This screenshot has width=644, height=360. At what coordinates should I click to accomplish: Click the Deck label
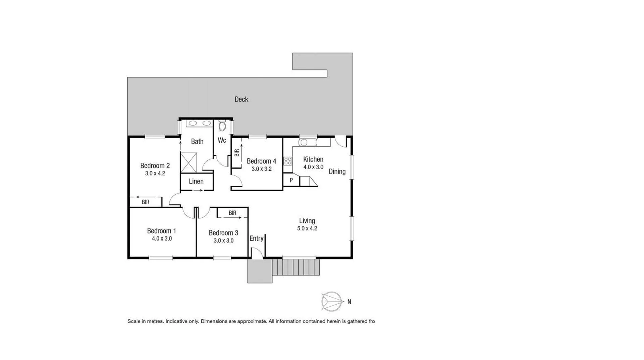[x=241, y=99]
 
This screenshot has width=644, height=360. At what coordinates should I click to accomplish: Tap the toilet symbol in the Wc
[x=222, y=126]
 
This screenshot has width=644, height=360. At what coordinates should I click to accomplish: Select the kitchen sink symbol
[x=308, y=142]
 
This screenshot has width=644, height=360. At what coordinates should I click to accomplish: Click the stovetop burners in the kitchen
[x=288, y=161]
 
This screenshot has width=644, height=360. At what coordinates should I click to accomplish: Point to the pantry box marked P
[x=291, y=181]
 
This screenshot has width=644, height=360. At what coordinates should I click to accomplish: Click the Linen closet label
[x=196, y=182]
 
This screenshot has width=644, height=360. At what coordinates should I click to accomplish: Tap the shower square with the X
[x=189, y=162]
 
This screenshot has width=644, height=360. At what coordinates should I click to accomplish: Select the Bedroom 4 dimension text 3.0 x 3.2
[x=261, y=169]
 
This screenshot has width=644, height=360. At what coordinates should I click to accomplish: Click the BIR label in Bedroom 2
[x=145, y=202]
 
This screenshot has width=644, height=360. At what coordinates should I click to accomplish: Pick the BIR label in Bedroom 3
[x=232, y=213]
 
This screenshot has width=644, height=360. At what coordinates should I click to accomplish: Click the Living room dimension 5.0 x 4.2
[x=307, y=228]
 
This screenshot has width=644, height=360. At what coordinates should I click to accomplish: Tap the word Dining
[x=337, y=172]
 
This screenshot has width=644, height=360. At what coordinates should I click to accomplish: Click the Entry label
[x=256, y=239]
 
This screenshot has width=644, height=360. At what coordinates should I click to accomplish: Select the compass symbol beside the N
[x=331, y=301]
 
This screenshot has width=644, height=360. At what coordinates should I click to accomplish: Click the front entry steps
[x=296, y=267]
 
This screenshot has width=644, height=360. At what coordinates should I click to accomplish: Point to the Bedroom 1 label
[x=161, y=231]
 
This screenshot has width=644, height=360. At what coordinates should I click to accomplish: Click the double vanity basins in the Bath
[x=199, y=123]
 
